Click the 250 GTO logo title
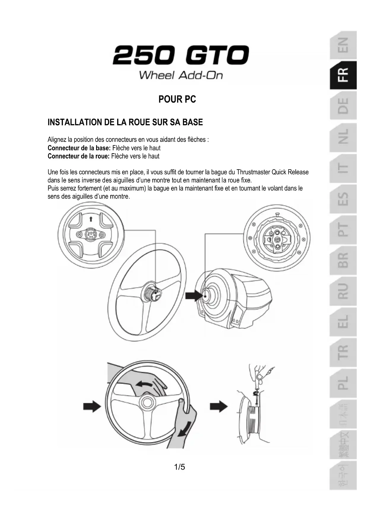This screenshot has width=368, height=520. [x=181, y=55]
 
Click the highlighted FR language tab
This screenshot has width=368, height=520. [x=343, y=75]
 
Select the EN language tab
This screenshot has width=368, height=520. [x=343, y=45]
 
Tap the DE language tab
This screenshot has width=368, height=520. [x=343, y=106]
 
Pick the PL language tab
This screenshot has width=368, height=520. [x=343, y=383]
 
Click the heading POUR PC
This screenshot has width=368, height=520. [x=177, y=99]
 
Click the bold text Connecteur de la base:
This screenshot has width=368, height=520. [x=79, y=148]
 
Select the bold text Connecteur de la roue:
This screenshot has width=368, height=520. [x=79, y=156]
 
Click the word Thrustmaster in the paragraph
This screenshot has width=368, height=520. [x=253, y=172]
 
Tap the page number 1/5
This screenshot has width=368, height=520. [x=179, y=467]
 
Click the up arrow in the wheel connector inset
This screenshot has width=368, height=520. [x=91, y=219]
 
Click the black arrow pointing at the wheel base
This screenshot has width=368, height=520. [x=193, y=296]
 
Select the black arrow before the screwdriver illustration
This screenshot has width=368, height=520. [x=219, y=406]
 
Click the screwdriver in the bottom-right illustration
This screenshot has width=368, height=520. [x=256, y=385]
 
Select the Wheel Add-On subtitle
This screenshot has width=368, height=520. [x=181, y=75]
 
